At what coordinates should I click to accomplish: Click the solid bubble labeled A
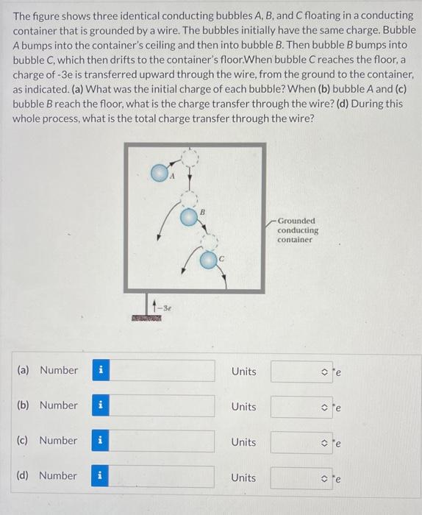(160, 174)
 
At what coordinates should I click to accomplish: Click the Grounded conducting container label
(297, 230)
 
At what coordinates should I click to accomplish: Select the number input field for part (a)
(162, 371)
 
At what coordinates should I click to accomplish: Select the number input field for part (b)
(162, 406)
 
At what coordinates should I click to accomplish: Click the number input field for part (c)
(162, 441)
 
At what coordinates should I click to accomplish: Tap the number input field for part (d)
(162, 477)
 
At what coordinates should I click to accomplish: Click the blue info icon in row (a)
(101, 371)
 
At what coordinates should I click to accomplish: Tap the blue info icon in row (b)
(101, 406)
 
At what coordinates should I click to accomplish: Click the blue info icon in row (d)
(101, 477)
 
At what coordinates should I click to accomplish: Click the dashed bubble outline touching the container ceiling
(190, 157)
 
